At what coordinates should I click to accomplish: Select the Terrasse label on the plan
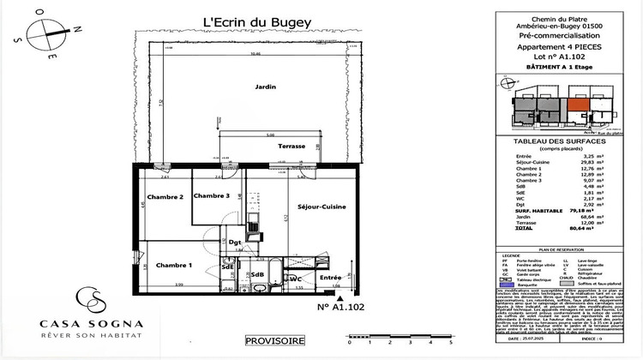click(291, 147)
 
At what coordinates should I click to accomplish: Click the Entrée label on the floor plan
click(329, 278)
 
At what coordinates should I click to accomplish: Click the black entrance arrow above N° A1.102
click(345, 297)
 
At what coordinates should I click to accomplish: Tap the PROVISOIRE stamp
click(274, 340)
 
